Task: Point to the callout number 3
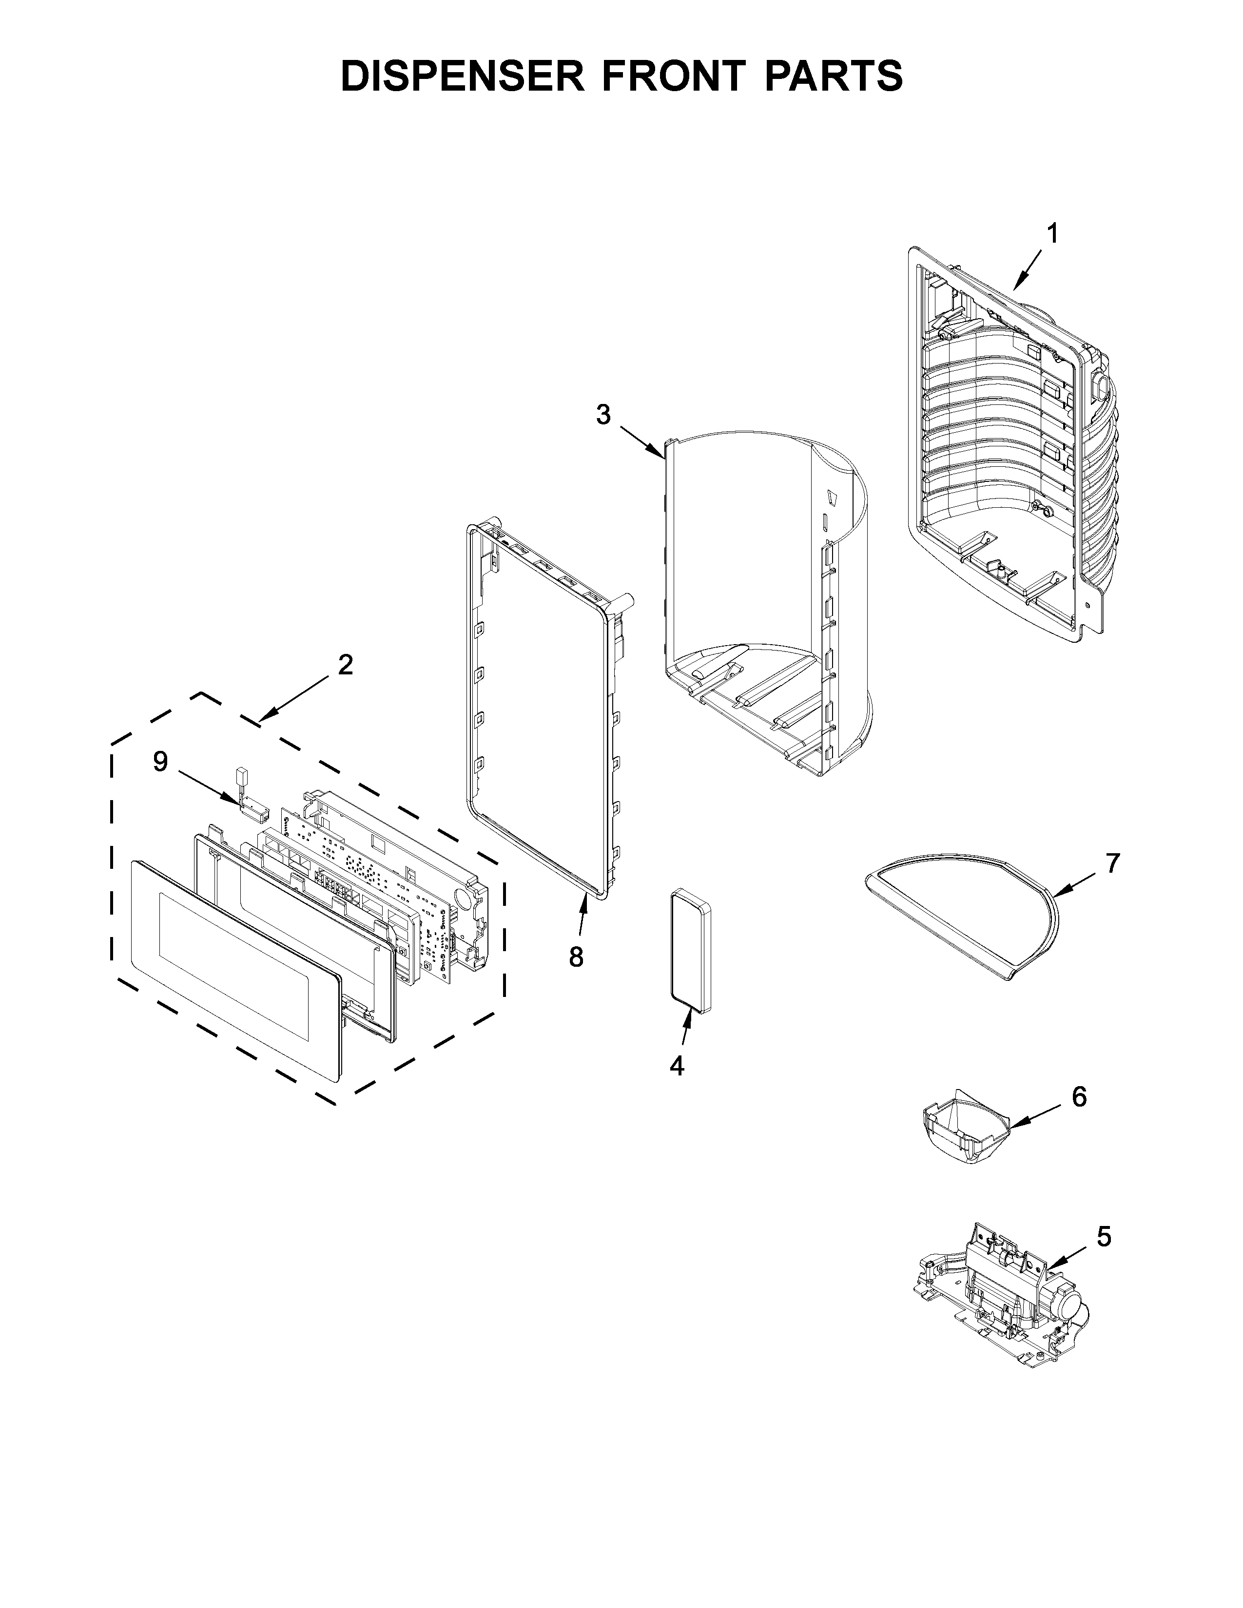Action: coord(603,416)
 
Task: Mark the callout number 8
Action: coord(576,957)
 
